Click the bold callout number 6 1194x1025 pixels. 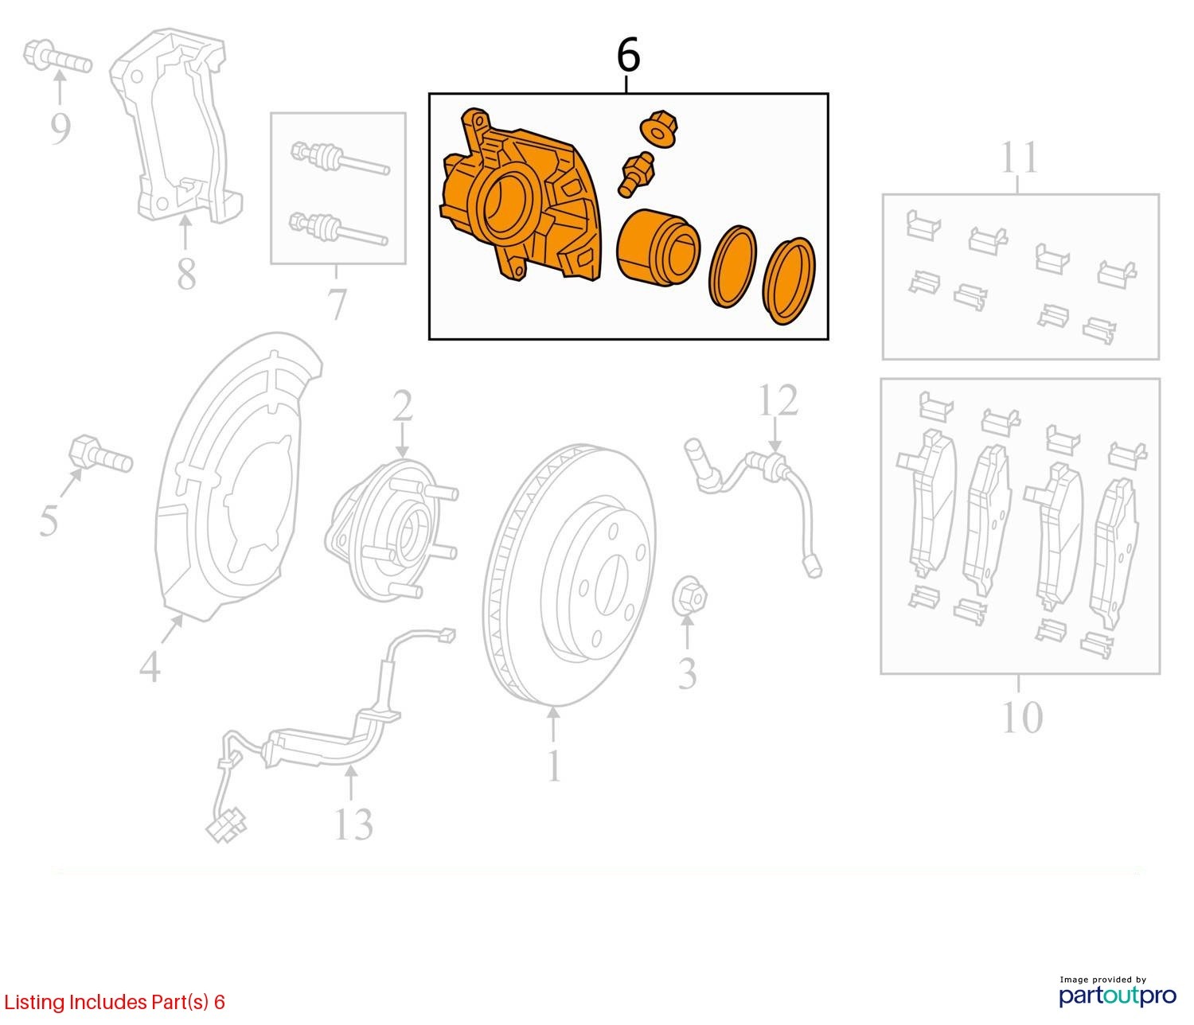click(x=629, y=56)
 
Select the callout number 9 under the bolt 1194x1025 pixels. click(x=60, y=129)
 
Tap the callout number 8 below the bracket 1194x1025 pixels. click(x=186, y=274)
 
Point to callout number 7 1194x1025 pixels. click(x=337, y=303)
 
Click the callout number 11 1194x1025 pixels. click(x=1019, y=157)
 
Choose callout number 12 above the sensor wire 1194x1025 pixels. click(x=778, y=399)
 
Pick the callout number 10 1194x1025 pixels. click(x=1022, y=717)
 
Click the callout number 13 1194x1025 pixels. click(x=353, y=824)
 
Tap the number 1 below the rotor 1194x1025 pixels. click(x=553, y=766)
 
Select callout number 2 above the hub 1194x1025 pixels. click(x=403, y=405)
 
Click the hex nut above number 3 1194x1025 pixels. click(x=689, y=595)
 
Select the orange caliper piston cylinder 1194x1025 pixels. click(x=658, y=247)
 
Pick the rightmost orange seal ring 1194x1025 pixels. click(x=789, y=280)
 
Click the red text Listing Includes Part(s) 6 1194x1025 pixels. click(x=115, y=1002)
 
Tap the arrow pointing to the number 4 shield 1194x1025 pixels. click(x=173, y=629)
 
